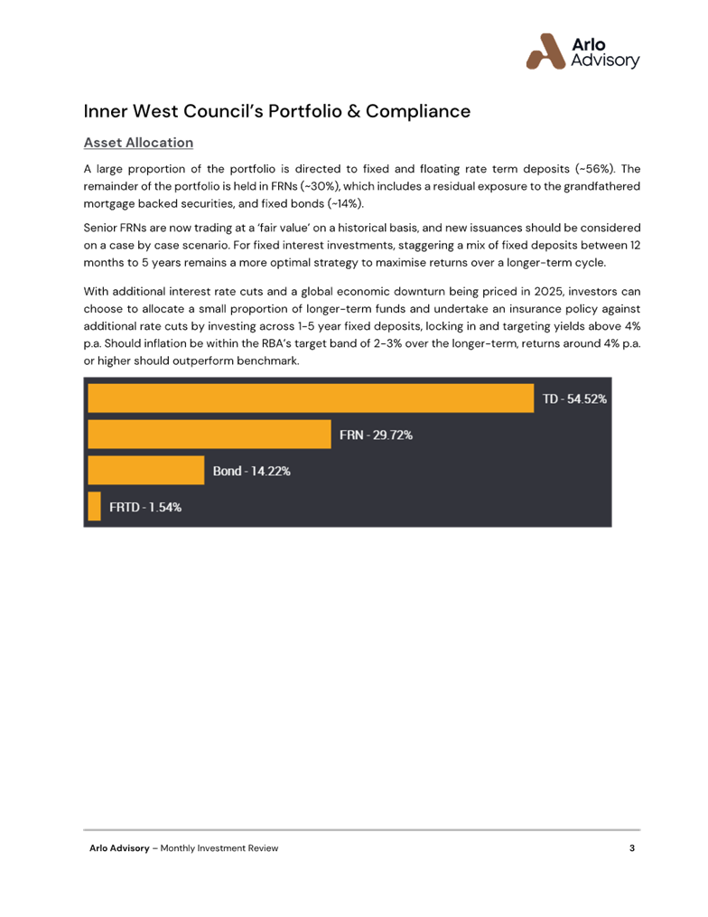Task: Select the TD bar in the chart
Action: pos(311,398)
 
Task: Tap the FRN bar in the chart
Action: pos(210,435)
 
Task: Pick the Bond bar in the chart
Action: pos(146,471)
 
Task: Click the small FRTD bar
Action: pos(94,507)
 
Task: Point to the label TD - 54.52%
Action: pos(573,398)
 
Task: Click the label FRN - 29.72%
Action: pos(376,435)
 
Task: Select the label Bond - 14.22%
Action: pos(251,471)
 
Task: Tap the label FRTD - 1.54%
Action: pos(145,507)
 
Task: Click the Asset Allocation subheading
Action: pos(138,143)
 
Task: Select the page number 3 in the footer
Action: pos(632,847)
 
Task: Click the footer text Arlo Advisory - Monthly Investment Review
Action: pos(183,848)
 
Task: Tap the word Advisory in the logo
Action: pos(606,61)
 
